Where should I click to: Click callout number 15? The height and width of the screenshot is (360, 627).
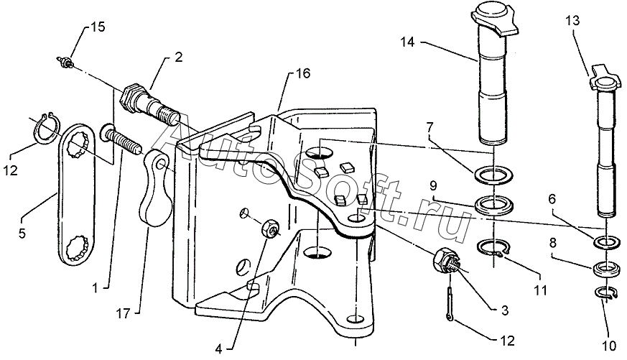[98, 27]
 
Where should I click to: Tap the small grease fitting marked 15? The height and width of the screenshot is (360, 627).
[65, 62]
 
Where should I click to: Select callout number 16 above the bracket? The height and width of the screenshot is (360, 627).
[303, 73]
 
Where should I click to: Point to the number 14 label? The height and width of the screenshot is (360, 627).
[408, 42]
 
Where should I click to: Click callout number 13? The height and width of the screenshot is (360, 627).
[573, 20]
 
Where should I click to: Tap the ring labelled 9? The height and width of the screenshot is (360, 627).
[493, 205]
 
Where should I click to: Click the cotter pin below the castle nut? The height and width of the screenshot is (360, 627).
[450, 304]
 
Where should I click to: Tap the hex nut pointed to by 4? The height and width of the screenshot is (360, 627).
[270, 229]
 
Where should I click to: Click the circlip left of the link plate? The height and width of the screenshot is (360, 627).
[45, 129]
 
